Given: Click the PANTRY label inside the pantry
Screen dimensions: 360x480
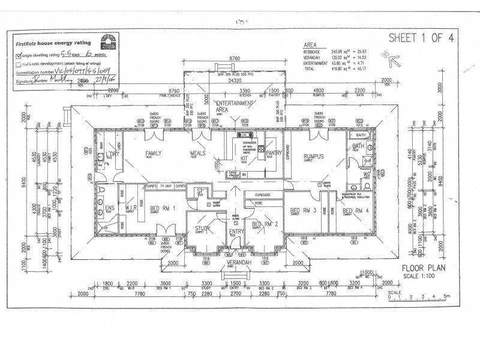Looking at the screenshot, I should coord(274,154).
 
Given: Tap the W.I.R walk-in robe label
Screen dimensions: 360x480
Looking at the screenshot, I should coord(129,208).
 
